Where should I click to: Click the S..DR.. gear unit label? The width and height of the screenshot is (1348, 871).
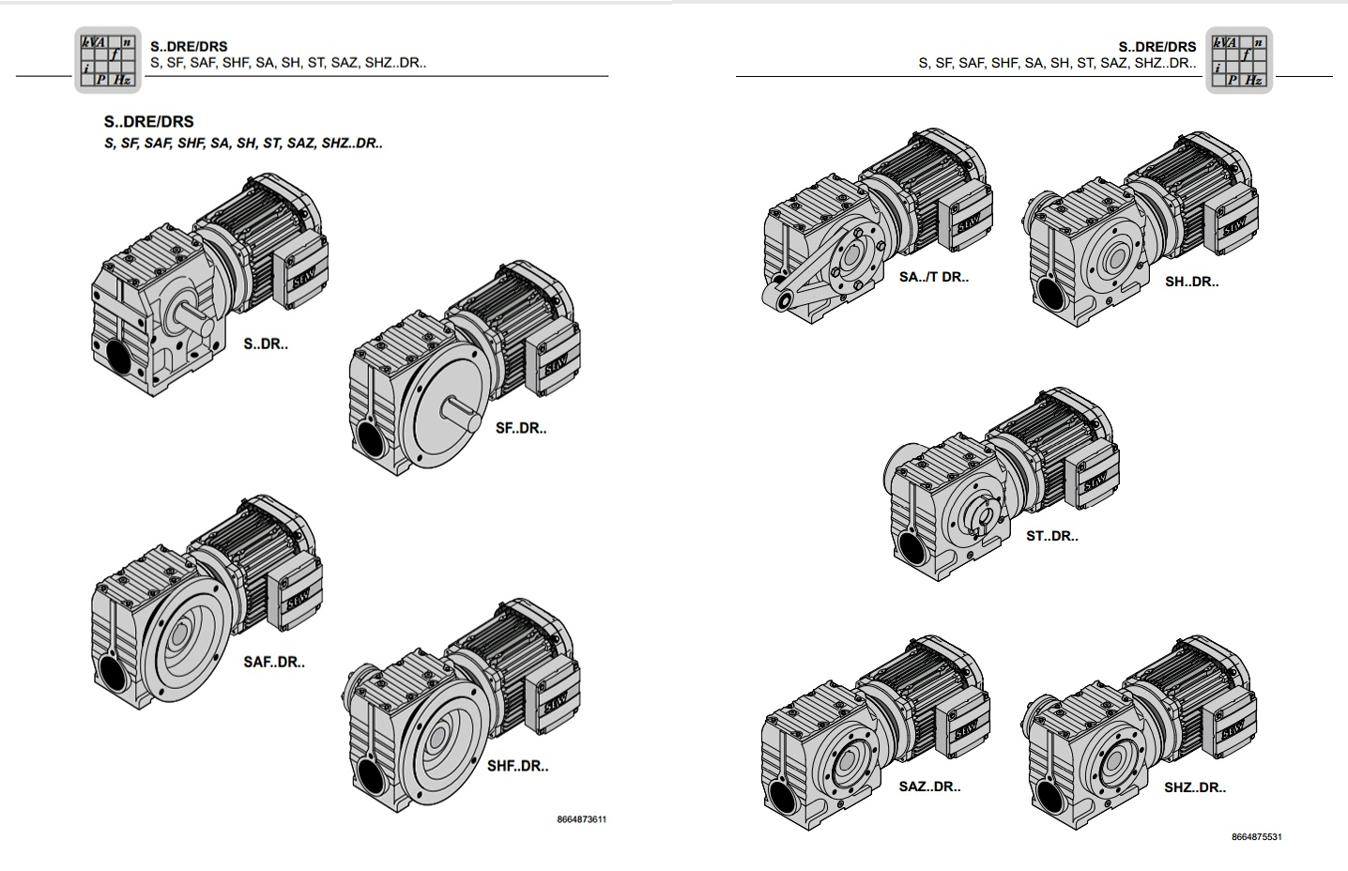266,344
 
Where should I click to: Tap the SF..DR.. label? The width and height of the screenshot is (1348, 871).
521,428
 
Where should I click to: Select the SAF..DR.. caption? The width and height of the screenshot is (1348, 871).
274,663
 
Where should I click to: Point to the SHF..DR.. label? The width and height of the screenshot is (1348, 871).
517,766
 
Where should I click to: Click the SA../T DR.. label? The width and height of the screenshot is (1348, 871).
934,277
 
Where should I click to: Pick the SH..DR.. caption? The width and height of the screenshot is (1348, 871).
1191,282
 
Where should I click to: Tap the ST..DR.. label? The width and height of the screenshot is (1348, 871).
1052,536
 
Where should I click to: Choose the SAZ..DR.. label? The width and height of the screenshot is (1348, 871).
929,787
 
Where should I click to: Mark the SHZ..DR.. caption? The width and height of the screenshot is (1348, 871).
1195,787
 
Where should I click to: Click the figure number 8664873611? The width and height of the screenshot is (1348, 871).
581,819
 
